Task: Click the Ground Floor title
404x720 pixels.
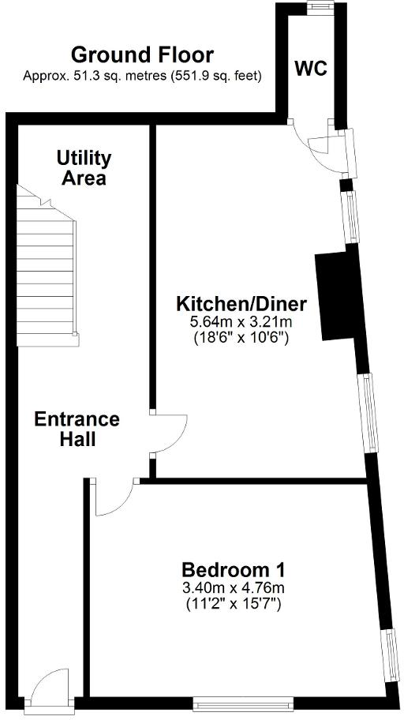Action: coord(142,55)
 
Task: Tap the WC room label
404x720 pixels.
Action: coord(311,69)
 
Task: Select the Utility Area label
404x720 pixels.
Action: coord(84,168)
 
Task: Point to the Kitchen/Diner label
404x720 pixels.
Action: coord(241,304)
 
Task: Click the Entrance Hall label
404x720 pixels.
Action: coord(77,429)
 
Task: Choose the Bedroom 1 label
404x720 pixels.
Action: coord(233,569)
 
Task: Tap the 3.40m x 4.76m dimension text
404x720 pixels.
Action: coord(233,587)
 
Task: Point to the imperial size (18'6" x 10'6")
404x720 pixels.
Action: coord(241,338)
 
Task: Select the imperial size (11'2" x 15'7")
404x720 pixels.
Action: coord(233,604)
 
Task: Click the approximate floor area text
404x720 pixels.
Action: coord(142,76)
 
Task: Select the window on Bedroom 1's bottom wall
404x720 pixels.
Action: coord(244,701)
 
